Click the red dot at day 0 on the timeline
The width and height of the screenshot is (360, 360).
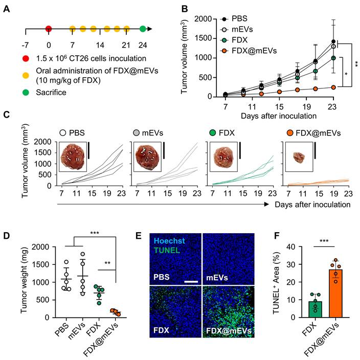coord(49,29)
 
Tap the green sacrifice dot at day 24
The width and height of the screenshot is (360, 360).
coord(143,29)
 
